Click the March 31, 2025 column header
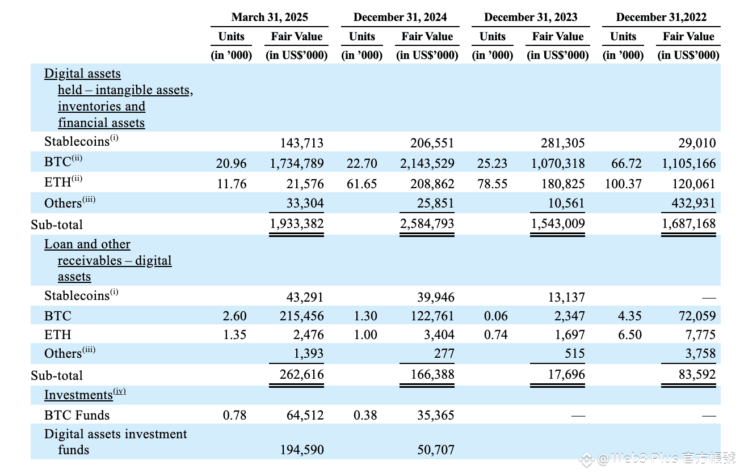pos(270,17)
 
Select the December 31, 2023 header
pos(531,17)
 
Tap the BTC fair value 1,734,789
pos(297,163)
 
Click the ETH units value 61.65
pos(361,184)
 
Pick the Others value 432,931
pos(693,203)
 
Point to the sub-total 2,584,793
pos(427,224)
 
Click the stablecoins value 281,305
pos(562,143)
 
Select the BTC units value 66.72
pos(627,163)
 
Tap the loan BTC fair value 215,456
pos(301,316)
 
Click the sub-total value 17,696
pos(566,375)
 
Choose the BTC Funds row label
pos(77,415)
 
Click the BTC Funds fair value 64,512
pos(305,415)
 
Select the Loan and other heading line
pos(87,244)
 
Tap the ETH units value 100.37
pos(623,184)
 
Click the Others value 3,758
pos(700,354)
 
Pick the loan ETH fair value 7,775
pos(700,335)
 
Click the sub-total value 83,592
pos(697,375)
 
